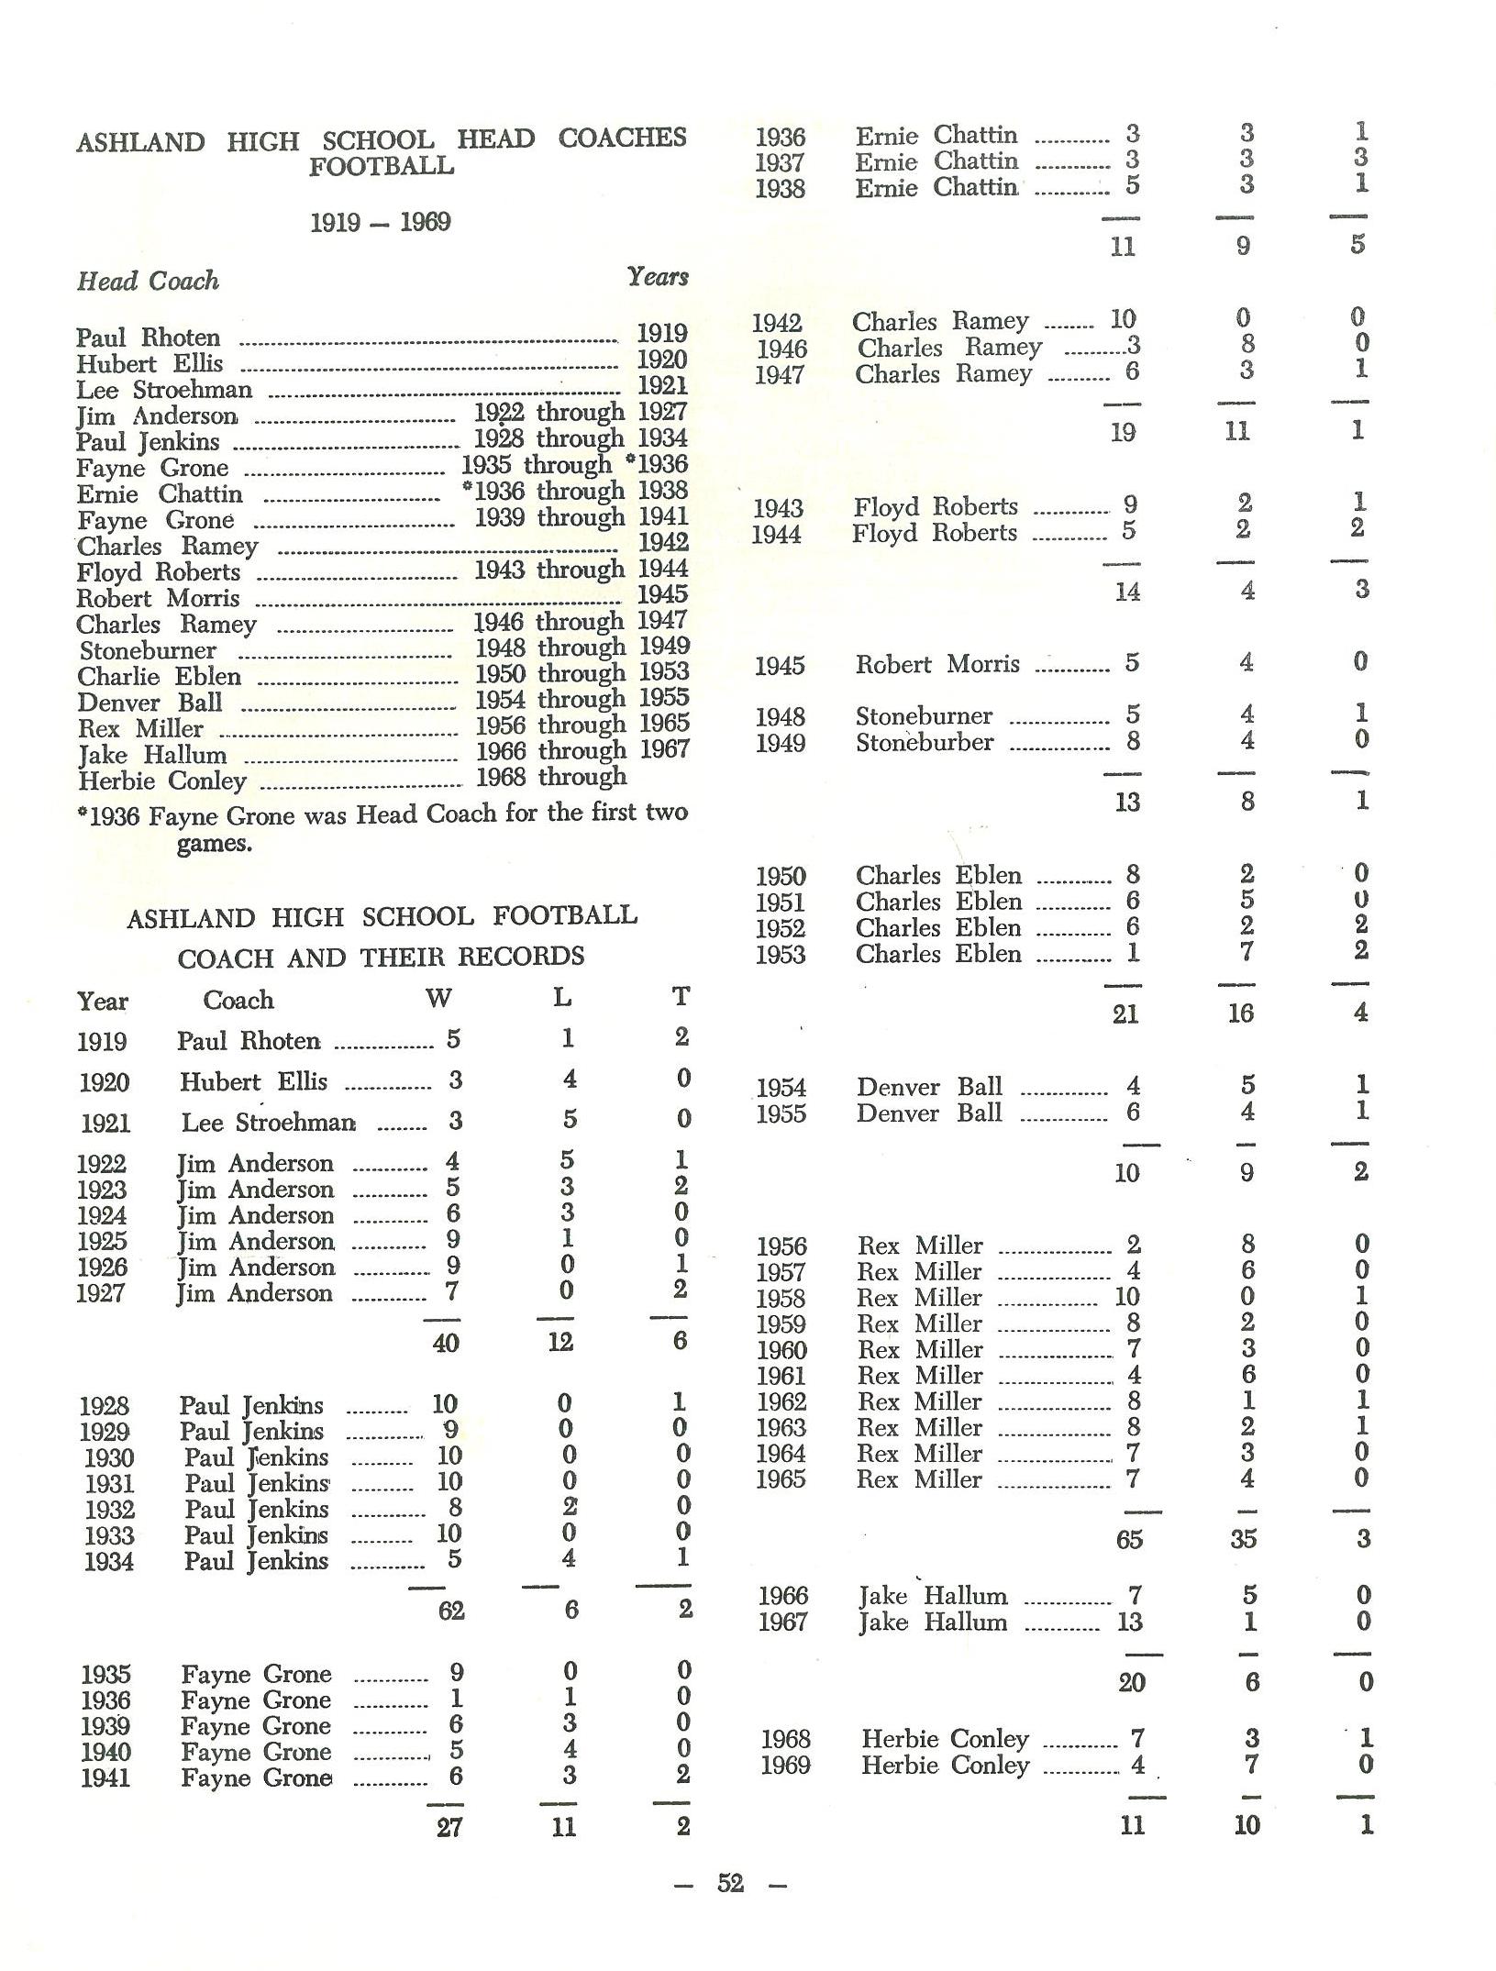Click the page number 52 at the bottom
(730, 1883)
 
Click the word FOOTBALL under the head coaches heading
(381, 167)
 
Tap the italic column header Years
(657, 276)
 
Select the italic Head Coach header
(148, 281)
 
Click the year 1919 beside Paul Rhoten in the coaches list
(661, 334)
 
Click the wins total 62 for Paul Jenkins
(450, 1611)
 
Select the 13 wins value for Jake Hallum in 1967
(1129, 1622)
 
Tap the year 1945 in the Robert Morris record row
(780, 666)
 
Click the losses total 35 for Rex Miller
(1243, 1539)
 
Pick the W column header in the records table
(438, 999)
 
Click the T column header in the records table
(680, 997)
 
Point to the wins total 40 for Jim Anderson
(446, 1343)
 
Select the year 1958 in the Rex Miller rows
(781, 1299)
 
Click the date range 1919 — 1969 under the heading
(380, 223)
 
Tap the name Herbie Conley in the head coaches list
(162, 781)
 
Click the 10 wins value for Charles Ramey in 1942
(1123, 320)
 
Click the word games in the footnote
(214, 843)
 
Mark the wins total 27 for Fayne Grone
(449, 1827)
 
